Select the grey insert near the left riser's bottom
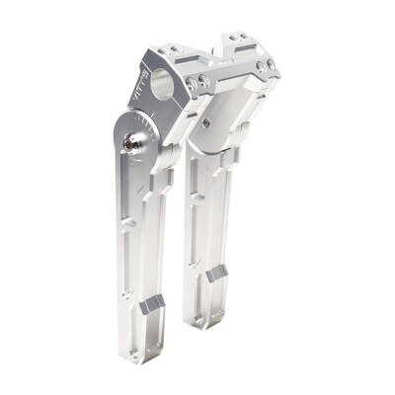point(151,307)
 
